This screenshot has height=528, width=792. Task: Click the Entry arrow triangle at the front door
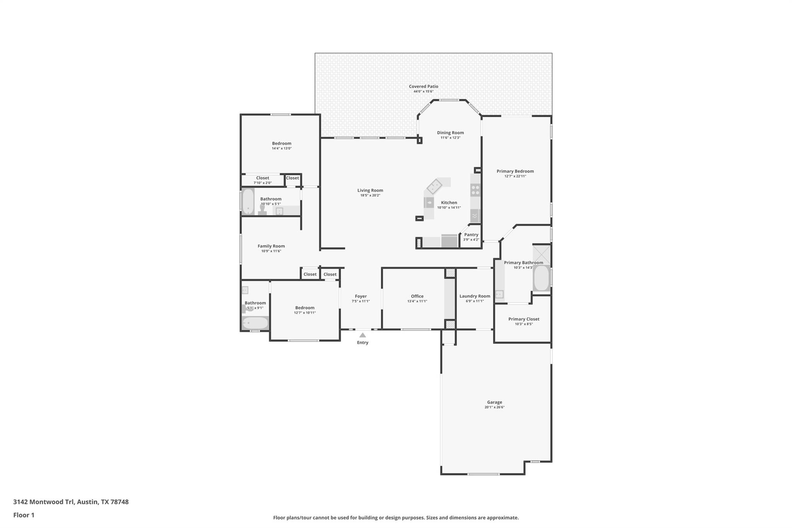[362, 335]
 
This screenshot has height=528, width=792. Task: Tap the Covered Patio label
[423, 87]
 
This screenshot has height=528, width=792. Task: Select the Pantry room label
[471, 235]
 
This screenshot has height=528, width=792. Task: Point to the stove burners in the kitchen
[475, 190]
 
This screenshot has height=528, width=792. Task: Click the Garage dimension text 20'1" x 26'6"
[494, 407]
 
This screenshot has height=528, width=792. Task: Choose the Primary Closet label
[524, 319]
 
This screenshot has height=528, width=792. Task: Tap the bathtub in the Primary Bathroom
[541, 278]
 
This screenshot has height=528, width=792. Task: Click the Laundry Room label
[475, 296]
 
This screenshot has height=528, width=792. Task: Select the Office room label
[417, 296]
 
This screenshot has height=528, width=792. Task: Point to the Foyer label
[360, 296]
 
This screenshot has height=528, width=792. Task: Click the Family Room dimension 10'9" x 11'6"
[271, 251]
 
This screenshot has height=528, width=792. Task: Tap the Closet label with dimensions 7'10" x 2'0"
[262, 178]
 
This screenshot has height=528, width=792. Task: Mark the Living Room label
[370, 190]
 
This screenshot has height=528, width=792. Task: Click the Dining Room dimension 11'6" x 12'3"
[450, 138]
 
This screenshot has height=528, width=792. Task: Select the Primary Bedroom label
[515, 171]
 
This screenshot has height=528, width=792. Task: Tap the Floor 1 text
[24, 515]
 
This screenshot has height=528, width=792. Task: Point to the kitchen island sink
[429, 202]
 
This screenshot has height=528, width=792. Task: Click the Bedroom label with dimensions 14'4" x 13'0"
[282, 144]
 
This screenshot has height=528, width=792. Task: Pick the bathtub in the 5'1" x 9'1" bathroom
[255, 323]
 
